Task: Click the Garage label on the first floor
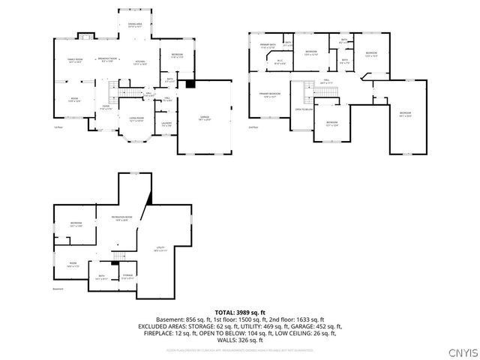click(205, 118)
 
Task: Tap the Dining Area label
click(135, 26)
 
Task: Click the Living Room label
click(136, 118)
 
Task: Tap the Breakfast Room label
click(109, 59)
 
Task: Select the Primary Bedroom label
click(270, 94)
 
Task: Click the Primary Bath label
click(268, 46)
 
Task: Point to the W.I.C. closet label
click(279, 62)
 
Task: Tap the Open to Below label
click(304, 109)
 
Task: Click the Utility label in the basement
click(160, 248)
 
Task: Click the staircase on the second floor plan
click(307, 93)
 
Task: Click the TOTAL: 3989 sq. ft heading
click(239, 311)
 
